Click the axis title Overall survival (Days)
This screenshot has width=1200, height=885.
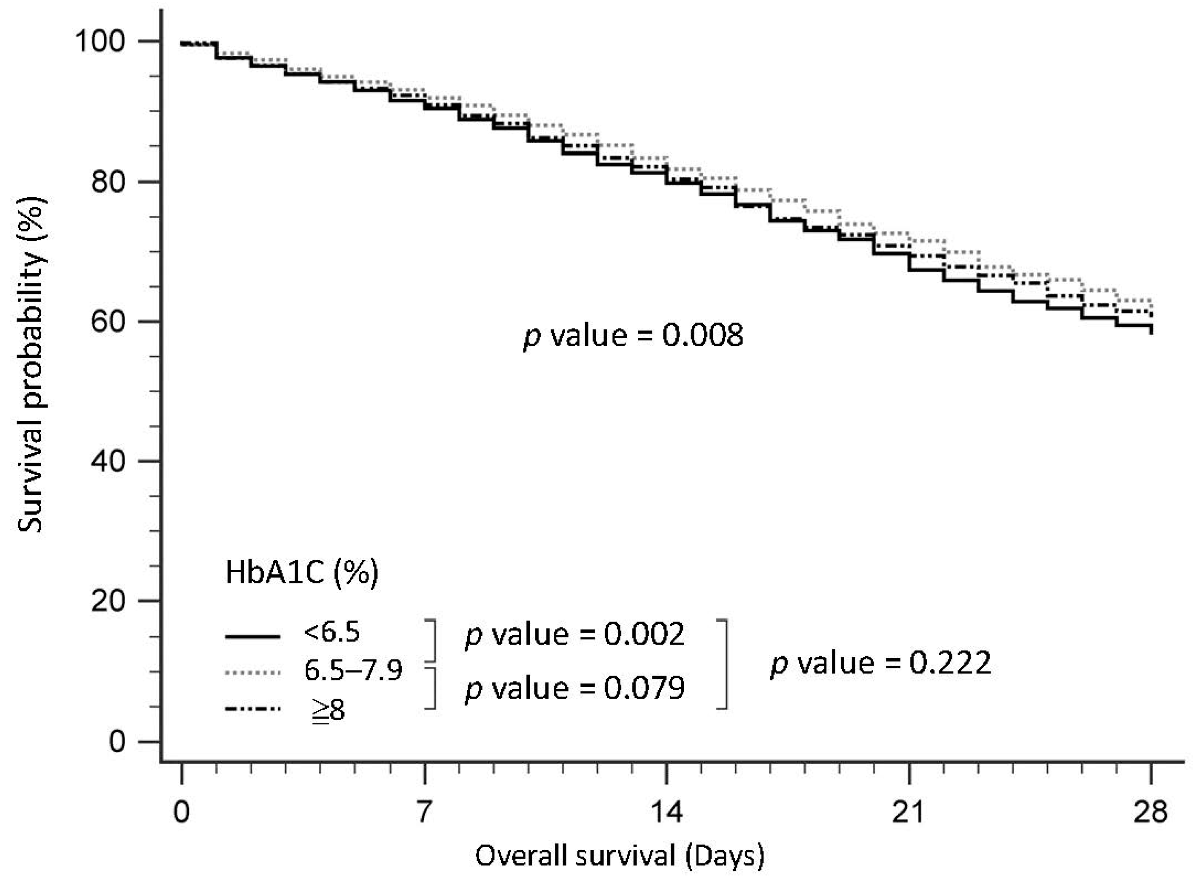pyautogui.click(x=620, y=856)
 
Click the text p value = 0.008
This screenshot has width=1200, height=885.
pyautogui.click(x=633, y=336)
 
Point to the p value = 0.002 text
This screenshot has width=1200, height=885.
pyautogui.click(x=574, y=635)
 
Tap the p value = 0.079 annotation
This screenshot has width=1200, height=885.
pyautogui.click(x=574, y=688)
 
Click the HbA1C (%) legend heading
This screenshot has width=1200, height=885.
pyautogui.click(x=302, y=573)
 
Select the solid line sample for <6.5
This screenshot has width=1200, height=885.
pyautogui.click(x=252, y=637)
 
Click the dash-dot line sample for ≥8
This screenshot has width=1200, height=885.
pyautogui.click(x=252, y=709)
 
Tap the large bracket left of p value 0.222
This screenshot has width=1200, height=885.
pyautogui.click(x=724, y=664)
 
